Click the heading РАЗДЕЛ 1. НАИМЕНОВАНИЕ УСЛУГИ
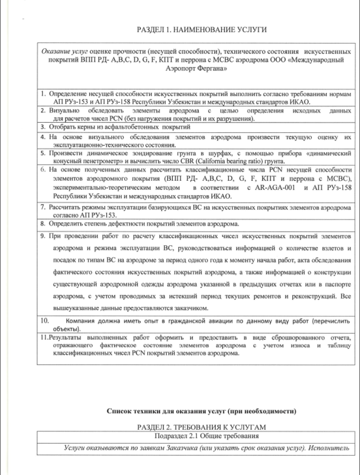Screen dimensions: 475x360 [x=202, y=30]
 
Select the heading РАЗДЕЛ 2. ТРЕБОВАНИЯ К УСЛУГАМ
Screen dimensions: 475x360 [x=202, y=427]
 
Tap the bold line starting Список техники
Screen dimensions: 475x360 [x=202, y=411]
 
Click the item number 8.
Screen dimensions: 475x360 [x=42, y=224]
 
